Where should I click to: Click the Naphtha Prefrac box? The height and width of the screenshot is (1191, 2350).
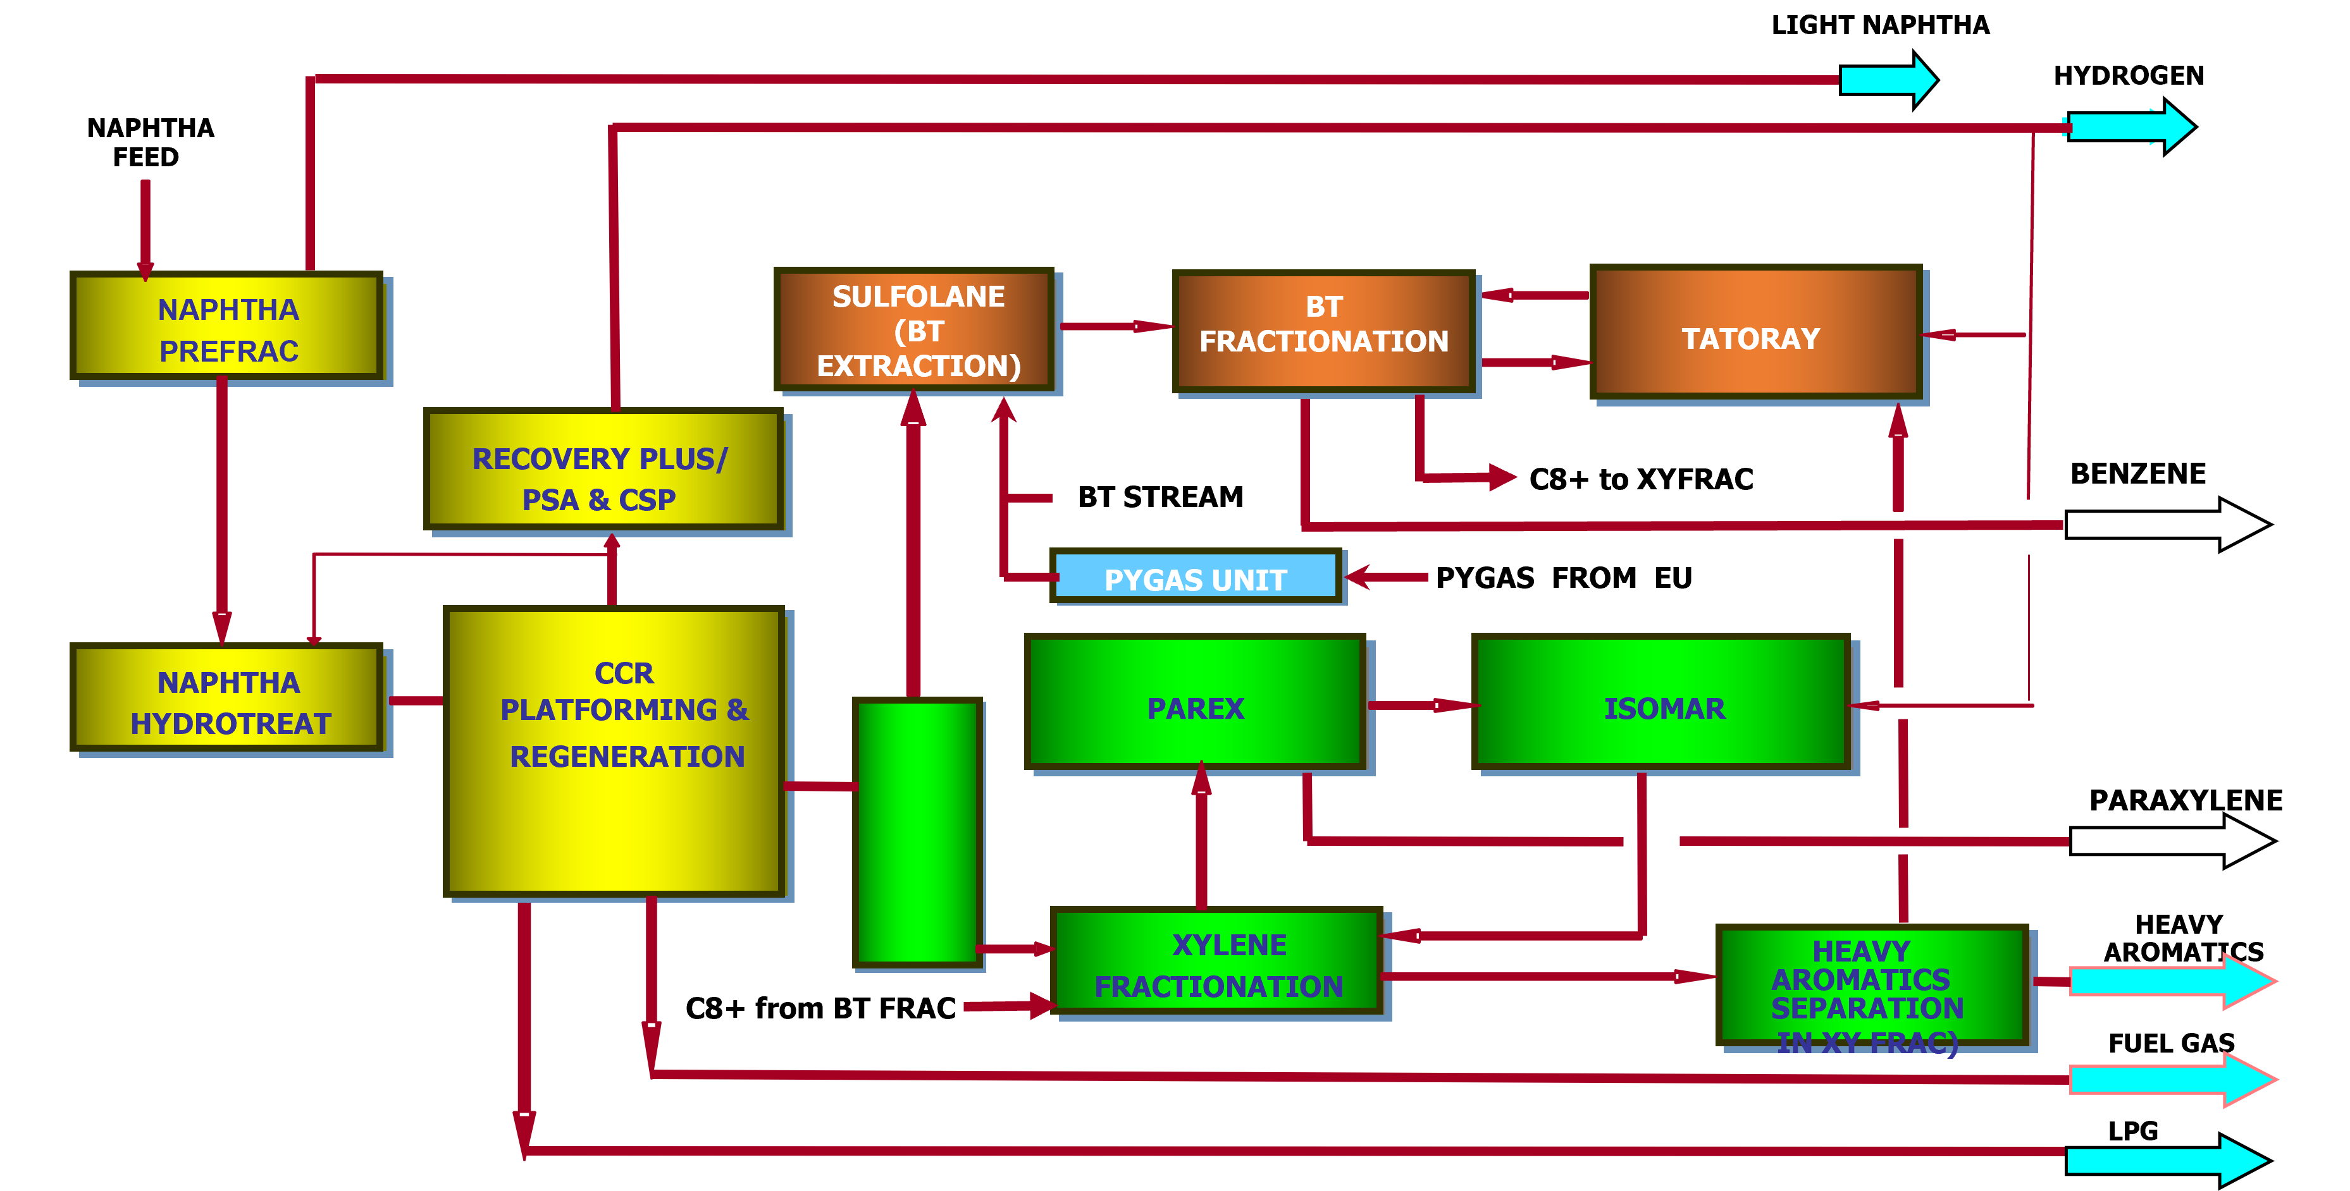[x=228, y=326]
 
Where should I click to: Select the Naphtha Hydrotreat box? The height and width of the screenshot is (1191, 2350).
[x=228, y=699]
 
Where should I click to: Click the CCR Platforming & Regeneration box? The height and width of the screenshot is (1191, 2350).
[x=615, y=750]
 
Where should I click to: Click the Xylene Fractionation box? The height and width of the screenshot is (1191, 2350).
[x=1218, y=963]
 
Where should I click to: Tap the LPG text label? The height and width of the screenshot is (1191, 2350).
[x=2140, y=1123]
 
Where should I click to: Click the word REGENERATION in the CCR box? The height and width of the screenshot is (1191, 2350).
[x=627, y=756]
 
